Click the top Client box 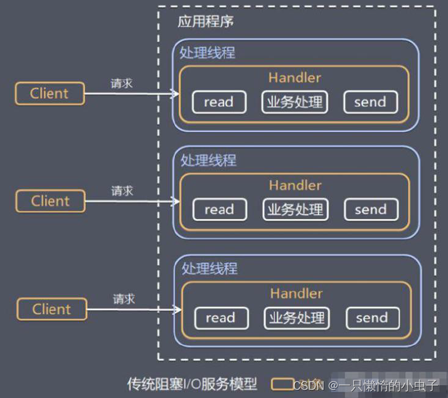50,94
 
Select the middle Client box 50,202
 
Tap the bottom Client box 51,309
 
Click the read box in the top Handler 218,102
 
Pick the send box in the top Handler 370,102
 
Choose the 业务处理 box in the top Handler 294,102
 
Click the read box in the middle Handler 219,210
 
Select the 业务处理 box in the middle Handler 295,210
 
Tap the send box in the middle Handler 371,210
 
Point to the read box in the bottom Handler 220,318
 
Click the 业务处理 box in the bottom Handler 296,318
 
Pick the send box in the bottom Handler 371,318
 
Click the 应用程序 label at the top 205,22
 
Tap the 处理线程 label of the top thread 208,53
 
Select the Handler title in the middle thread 295,185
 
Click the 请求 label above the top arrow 122,83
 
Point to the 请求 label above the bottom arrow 124,299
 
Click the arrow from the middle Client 131,202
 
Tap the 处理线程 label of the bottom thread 210,269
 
